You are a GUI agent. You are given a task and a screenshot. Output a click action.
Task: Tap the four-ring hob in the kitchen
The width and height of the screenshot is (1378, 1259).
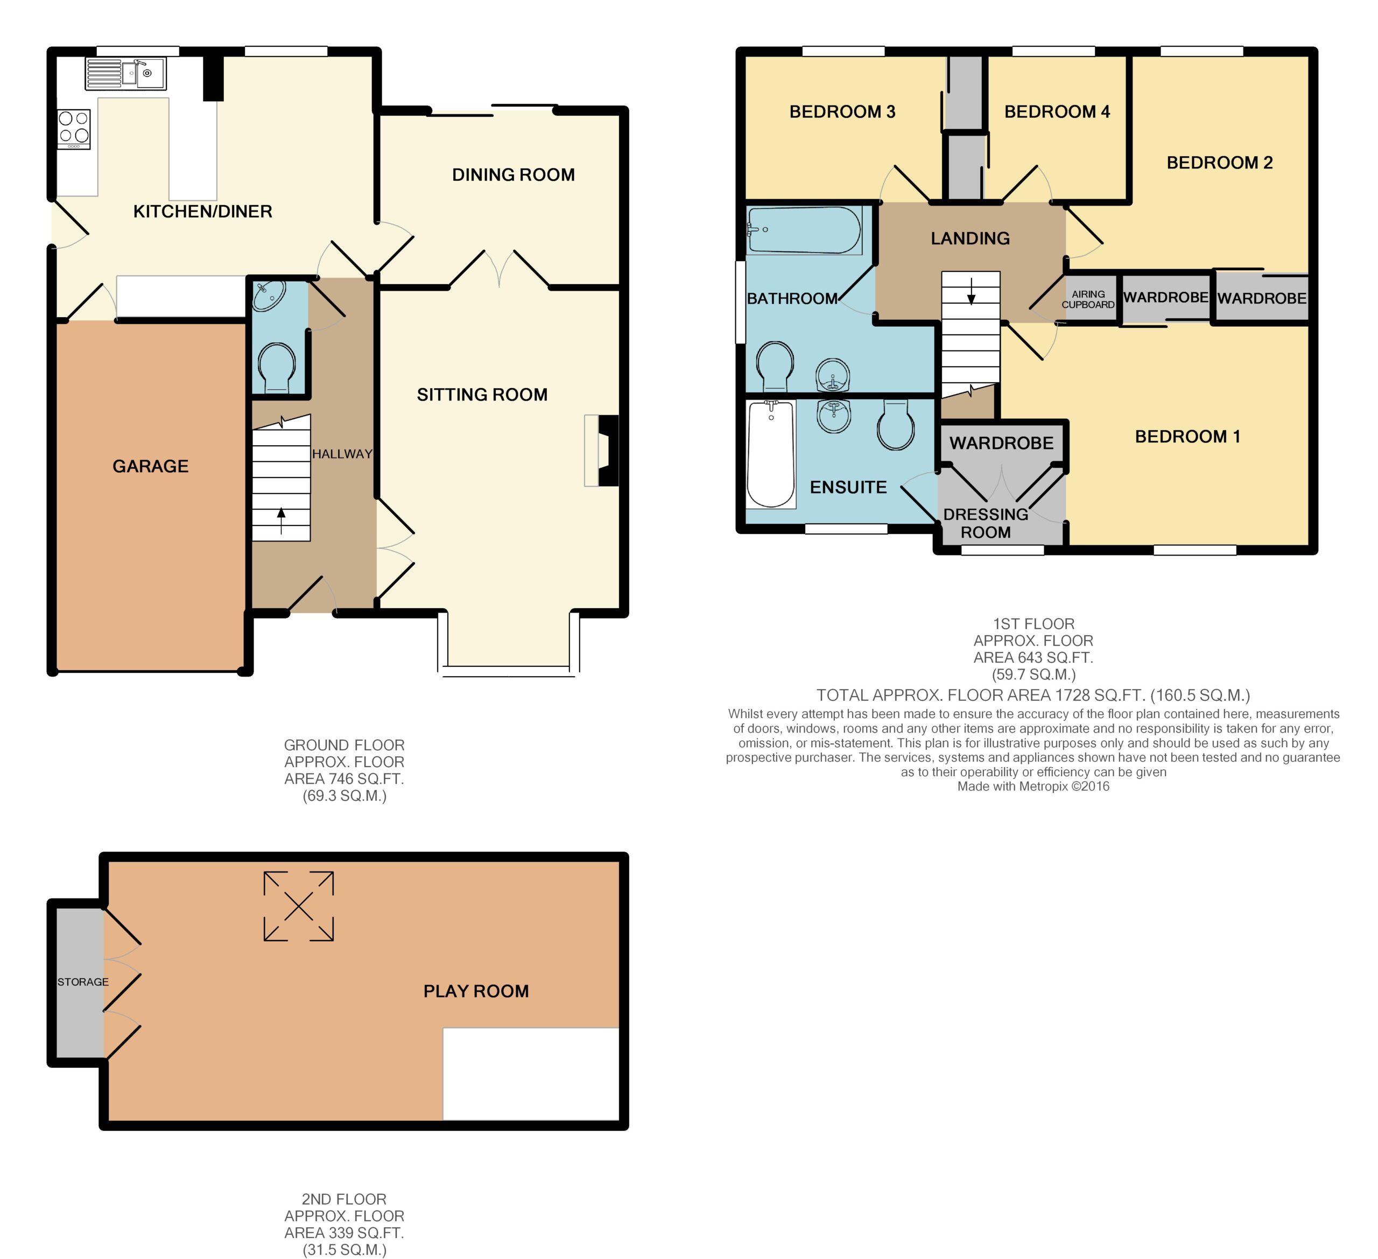point(74,129)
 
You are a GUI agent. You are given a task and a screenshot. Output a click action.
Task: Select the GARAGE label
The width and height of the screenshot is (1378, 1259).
point(150,466)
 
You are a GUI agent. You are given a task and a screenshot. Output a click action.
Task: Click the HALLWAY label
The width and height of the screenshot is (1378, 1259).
point(342,454)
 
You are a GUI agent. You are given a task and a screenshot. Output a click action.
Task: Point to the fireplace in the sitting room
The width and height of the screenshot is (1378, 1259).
point(601,451)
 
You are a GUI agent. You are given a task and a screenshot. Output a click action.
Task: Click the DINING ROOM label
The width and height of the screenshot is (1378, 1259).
point(514,175)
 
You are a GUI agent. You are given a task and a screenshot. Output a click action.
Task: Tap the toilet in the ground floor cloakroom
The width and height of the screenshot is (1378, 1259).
point(278,368)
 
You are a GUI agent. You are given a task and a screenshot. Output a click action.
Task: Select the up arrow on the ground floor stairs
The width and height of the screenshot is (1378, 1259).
point(281,522)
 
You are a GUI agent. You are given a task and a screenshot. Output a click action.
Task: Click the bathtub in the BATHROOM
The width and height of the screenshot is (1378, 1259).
point(805,230)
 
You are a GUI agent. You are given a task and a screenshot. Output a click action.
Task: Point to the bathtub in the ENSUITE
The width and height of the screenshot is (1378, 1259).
point(771,454)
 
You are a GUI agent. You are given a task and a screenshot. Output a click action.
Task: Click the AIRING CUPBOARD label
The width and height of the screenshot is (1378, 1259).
point(1088,299)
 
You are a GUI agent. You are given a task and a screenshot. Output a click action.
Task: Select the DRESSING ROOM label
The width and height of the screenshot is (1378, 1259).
point(986,523)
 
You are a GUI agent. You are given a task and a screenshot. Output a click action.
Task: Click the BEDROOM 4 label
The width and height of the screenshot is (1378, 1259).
point(1057,111)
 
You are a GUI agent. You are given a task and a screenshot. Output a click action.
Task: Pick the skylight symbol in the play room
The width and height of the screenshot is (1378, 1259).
point(299,906)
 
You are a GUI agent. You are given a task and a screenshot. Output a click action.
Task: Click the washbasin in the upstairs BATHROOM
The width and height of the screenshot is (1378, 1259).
point(833,375)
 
